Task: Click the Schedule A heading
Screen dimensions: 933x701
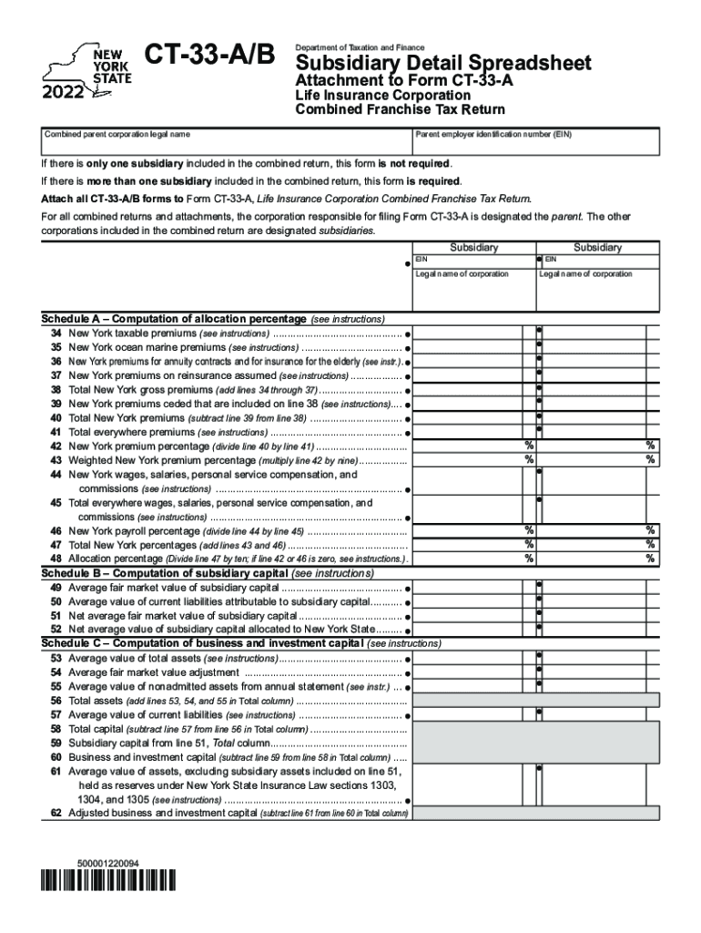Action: tap(174, 319)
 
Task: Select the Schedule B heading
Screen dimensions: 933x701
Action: tap(164, 573)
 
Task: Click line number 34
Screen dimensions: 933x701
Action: tap(56, 333)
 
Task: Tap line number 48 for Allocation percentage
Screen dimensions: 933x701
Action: tap(56, 559)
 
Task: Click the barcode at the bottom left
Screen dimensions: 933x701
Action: tap(108, 879)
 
